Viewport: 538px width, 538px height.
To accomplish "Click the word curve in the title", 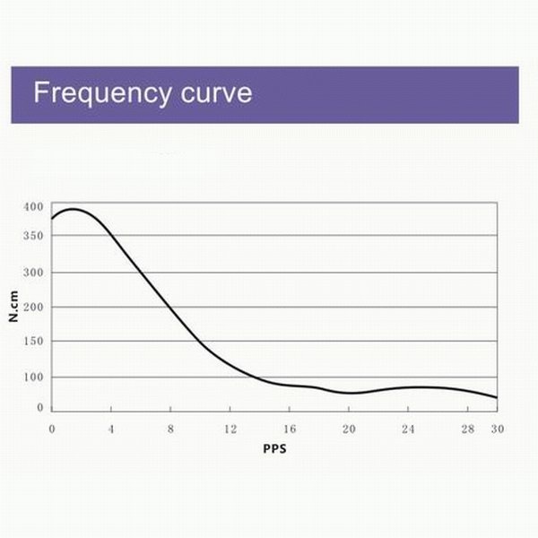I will point(213,92).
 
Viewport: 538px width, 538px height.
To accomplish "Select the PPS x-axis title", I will point(274,447).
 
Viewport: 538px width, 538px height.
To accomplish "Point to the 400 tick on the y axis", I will point(33,206).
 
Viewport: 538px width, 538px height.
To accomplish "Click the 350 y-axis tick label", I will point(33,236).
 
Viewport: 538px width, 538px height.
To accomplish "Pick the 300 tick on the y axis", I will point(33,273).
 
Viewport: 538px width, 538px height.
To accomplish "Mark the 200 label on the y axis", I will point(33,307).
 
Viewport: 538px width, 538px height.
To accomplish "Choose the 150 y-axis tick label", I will point(33,342).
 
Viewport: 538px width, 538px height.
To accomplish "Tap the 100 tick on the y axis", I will point(33,377).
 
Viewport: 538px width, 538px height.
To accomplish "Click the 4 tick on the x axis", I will point(111,429).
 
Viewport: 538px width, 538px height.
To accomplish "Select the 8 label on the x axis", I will point(170,429).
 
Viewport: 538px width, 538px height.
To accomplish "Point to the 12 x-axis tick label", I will point(230,429).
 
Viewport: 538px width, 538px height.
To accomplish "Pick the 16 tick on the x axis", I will point(289,429).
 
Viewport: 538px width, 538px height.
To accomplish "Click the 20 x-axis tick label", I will point(348,429).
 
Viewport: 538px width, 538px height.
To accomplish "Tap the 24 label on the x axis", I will point(407,429).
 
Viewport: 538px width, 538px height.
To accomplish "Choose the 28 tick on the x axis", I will point(466,429).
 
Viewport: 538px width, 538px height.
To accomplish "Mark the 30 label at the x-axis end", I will point(497,429).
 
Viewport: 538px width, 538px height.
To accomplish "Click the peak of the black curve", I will point(72,209).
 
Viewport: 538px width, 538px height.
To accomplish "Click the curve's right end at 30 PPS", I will point(497,397).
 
